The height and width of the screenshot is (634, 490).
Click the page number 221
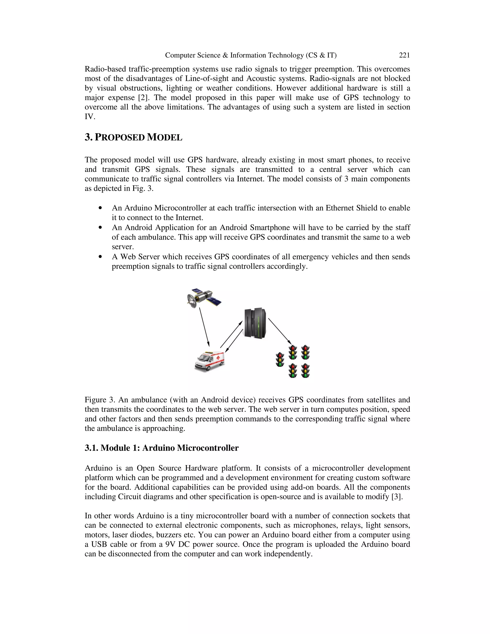click(x=404, y=55)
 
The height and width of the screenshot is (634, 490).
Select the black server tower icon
click(x=255, y=323)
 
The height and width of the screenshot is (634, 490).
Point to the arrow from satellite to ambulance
click(x=204, y=327)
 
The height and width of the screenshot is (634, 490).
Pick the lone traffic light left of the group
click(x=280, y=359)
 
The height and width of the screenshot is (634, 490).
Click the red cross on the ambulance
click(x=218, y=358)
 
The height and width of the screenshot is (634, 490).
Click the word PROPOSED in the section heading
click(x=120, y=138)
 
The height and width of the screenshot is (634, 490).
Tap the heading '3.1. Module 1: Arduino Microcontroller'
click(x=161, y=448)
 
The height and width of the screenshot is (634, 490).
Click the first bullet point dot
click(x=100, y=208)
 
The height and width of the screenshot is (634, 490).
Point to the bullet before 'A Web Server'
click(x=100, y=257)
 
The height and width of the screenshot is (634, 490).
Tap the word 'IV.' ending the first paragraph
click(x=90, y=117)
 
